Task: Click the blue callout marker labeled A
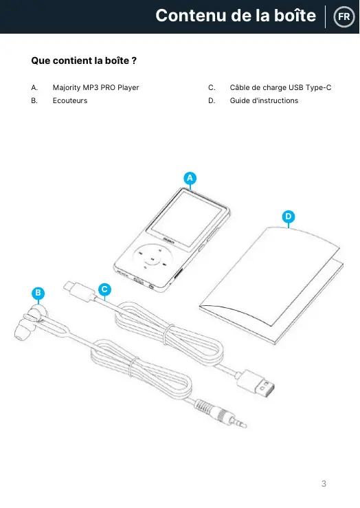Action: (190, 178)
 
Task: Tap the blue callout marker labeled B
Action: (38, 294)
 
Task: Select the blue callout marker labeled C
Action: (104, 289)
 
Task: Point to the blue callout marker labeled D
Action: (289, 217)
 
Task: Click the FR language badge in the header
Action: (344, 16)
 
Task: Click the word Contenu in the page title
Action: (191, 15)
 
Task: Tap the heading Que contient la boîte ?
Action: (84, 60)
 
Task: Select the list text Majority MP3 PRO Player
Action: (95, 87)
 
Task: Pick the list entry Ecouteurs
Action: (70, 100)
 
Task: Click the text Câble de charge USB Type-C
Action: (281, 87)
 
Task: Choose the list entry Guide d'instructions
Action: (264, 100)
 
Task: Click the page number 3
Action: (324, 484)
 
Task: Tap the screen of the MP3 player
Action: (187, 219)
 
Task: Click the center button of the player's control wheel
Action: (152, 259)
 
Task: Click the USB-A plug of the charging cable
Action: (256, 384)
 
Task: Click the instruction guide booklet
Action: (271, 285)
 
